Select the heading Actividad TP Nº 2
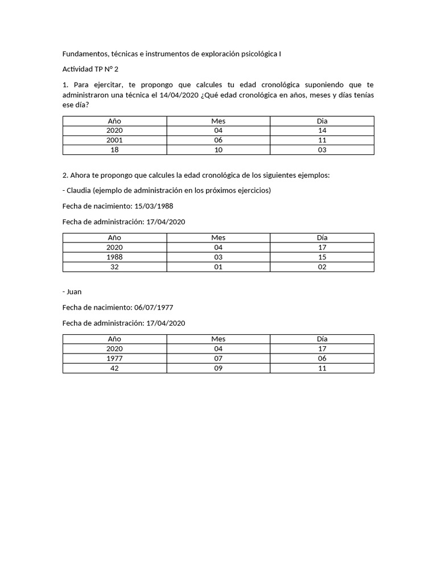click(x=90, y=69)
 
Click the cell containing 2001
click(x=114, y=140)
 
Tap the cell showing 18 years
click(x=114, y=150)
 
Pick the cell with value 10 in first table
click(x=218, y=150)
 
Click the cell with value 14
click(x=322, y=130)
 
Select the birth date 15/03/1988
click(x=154, y=206)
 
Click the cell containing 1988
click(x=114, y=257)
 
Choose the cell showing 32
click(x=114, y=266)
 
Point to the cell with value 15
click(x=322, y=257)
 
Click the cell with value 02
click(x=322, y=266)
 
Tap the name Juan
click(x=74, y=291)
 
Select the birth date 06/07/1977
click(x=154, y=307)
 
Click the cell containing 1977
click(x=114, y=358)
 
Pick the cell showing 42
click(x=114, y=368)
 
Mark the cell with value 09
click(x=218, y=368)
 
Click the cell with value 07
click(x=218, y=358)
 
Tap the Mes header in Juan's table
click(x=218, y=339)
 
